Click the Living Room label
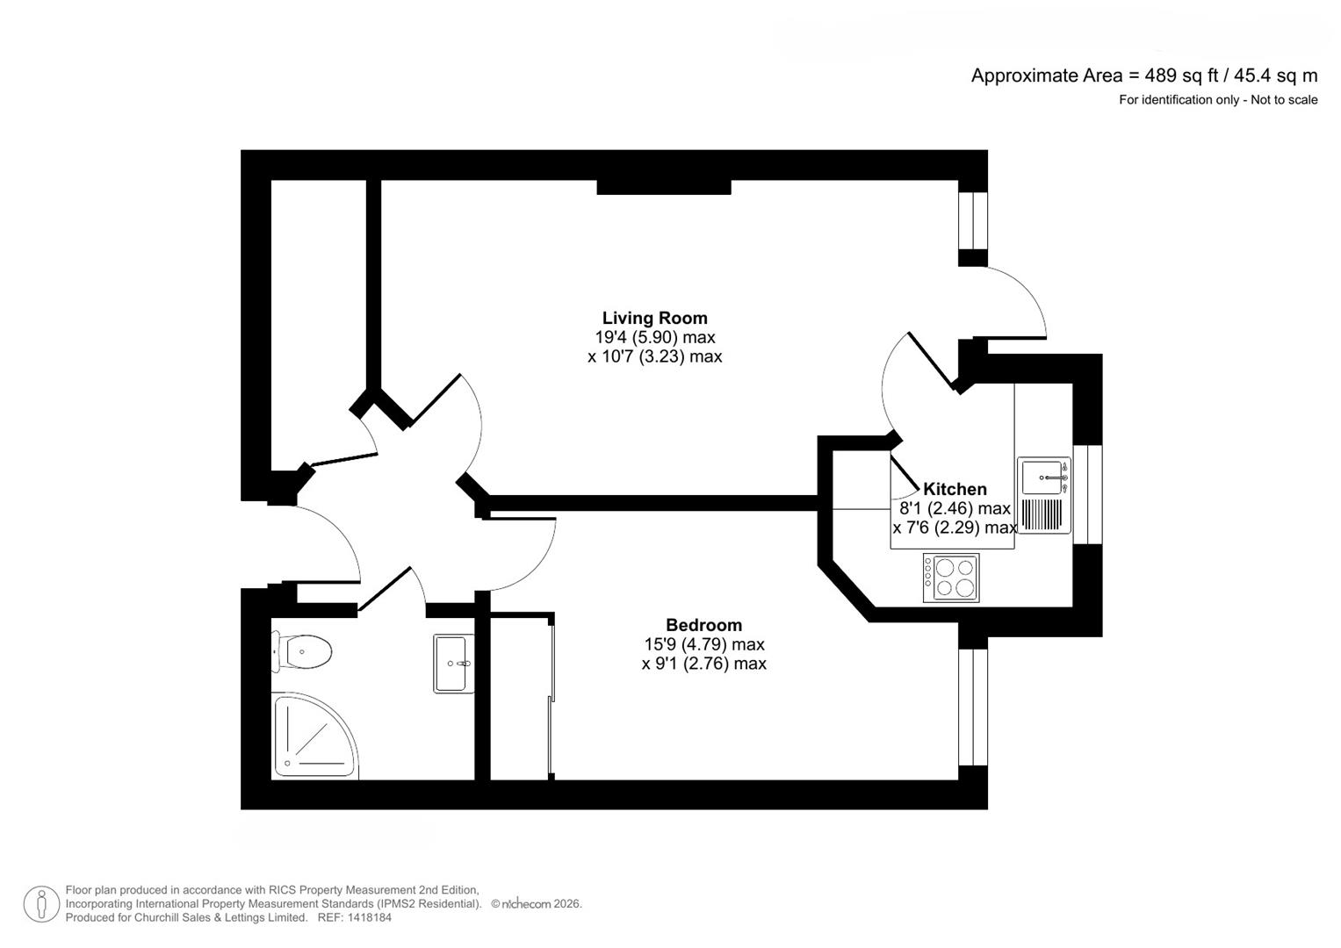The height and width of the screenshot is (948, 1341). pos(654,318)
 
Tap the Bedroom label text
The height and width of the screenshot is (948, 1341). pos(703,625)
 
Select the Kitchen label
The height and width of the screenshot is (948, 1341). pos(955,489)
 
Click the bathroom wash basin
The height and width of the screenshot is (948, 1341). pos(453,664)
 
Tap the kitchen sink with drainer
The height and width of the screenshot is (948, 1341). pos(1043,495)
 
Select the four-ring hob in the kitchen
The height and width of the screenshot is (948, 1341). pos(951,578)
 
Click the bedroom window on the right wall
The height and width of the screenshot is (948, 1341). pos(972,707)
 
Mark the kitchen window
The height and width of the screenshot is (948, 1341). pos(1086,494)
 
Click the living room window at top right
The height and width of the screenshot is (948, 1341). pos(972,220)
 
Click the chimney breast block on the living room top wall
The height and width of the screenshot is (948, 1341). pos(664,187)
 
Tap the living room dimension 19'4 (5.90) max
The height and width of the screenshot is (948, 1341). pos(654,337)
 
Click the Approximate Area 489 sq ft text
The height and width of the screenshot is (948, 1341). pos(1143,75)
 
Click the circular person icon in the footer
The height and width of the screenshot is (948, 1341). pos(41,904)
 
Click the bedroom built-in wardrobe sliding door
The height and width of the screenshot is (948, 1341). pos(551,698)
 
